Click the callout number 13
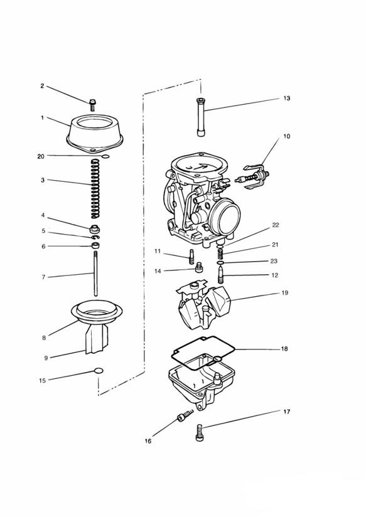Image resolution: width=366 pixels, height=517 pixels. coord(287,99)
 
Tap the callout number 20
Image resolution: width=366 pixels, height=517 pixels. coord(41,157)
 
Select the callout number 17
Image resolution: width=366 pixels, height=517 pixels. coord(286,412)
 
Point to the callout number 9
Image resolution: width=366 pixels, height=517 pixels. coord(46,358)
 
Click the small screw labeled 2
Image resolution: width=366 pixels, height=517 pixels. coord(92,105)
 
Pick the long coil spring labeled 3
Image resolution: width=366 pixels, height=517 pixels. coord(95,188)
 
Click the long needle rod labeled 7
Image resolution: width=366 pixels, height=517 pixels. coord(95,274)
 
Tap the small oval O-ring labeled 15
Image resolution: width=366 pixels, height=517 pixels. coord(99,371)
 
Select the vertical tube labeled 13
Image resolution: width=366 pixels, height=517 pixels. coord(201,117)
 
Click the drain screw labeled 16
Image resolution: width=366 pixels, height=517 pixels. coord(185,416)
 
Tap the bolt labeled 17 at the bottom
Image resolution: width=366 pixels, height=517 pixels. coord(200,432)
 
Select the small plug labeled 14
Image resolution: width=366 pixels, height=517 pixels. coord(198,267)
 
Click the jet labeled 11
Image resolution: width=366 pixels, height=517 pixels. coord(191,257)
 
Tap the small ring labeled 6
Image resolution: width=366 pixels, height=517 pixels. coord(95,246)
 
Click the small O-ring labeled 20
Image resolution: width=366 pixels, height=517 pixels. coord(105,156)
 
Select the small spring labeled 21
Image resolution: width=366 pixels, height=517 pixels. coord(220,254)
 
